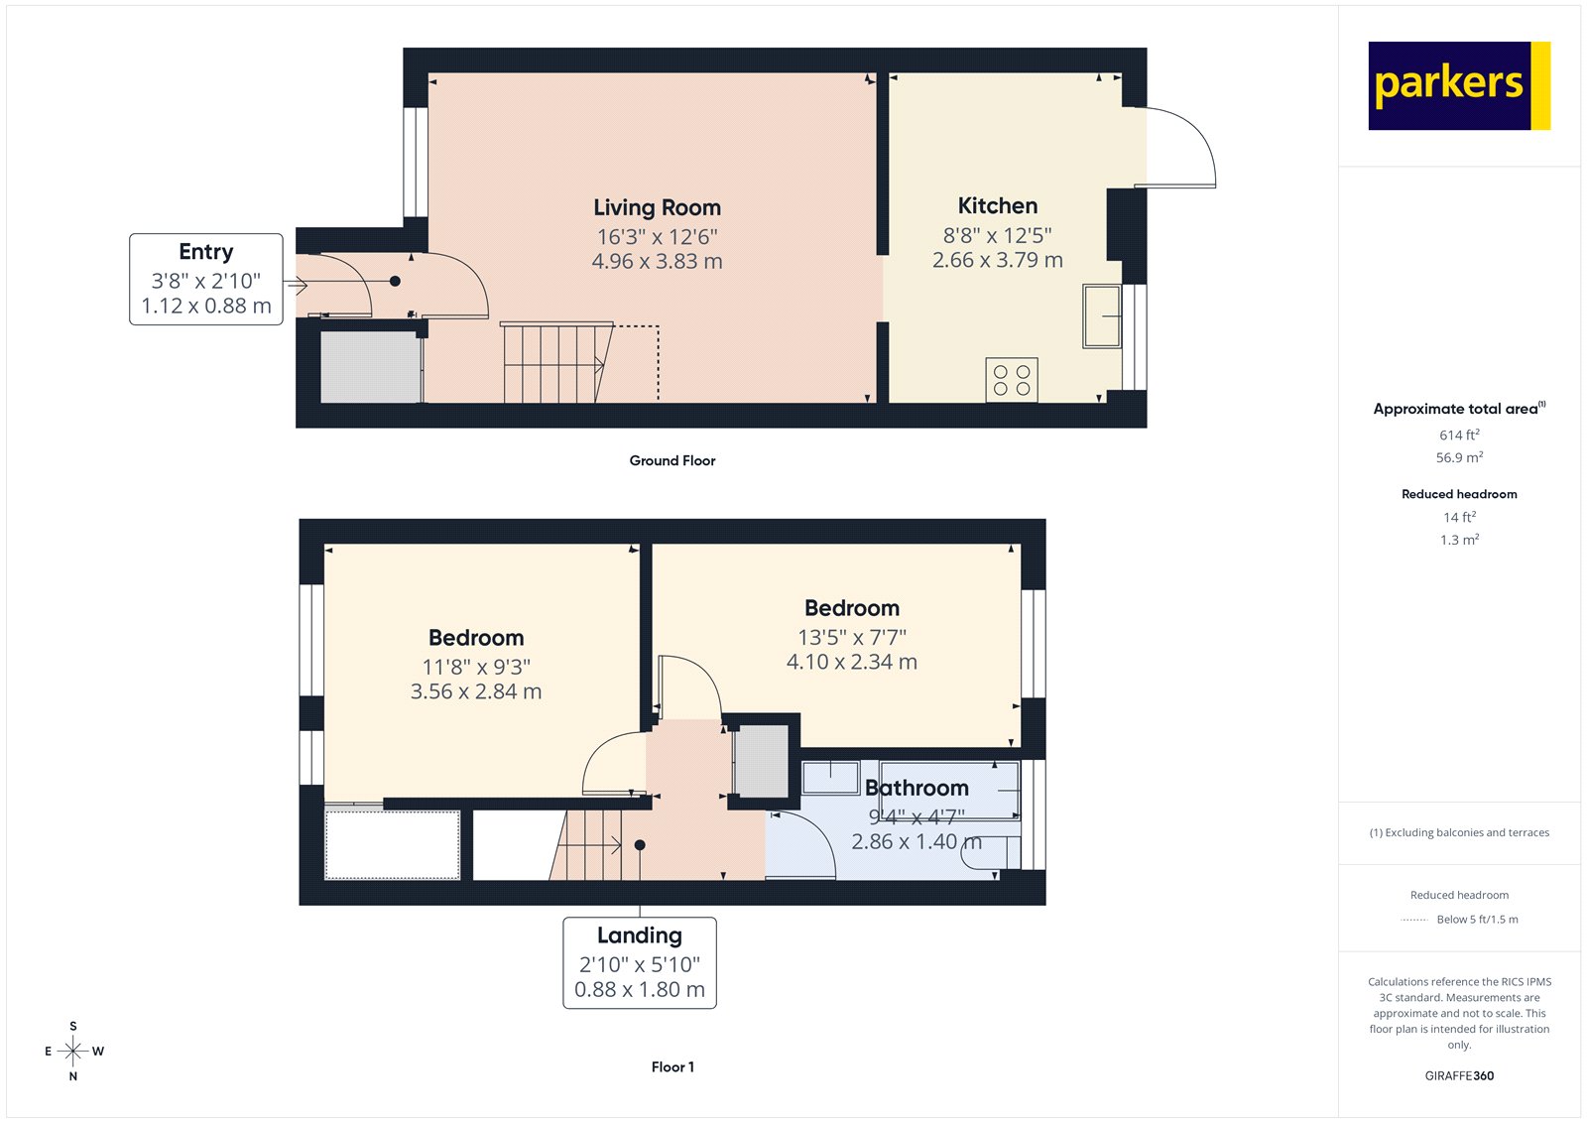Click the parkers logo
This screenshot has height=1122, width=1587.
click(x=1458, y=85)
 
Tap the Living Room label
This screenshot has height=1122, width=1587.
click(x=657, y=208)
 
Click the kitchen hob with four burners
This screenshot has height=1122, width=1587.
click(x=1012, y=380)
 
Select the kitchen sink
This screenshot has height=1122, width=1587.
click(x=1101, y=316)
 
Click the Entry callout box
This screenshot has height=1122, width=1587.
click(x=206, y=279)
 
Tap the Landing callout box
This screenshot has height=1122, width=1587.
click(x=640, y=962)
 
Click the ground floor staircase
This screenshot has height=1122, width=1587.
click(x=556, y=362)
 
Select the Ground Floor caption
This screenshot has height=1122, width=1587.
click(x=671, y=460)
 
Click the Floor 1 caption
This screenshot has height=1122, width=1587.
click(x=672, y=1067)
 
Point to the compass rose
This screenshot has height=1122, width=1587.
click(x=73, y=1051)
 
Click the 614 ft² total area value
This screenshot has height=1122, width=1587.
click(x=1459, y=435)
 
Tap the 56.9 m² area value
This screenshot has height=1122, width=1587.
click(x=1459, y=457)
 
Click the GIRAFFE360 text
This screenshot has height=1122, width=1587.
click(x=1459, y=1075)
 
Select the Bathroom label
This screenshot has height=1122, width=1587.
click(x=916, y=788)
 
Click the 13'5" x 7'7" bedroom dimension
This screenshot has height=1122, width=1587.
click(x=852, y=637)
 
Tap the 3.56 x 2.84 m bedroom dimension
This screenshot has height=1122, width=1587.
click(x=476, y=691)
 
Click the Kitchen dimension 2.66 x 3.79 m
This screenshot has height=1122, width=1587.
click(x=997, y=260)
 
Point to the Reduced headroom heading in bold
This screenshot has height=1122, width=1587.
click(x=1459, y=494)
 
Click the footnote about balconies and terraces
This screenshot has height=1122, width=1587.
click(x=1459, y=832)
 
